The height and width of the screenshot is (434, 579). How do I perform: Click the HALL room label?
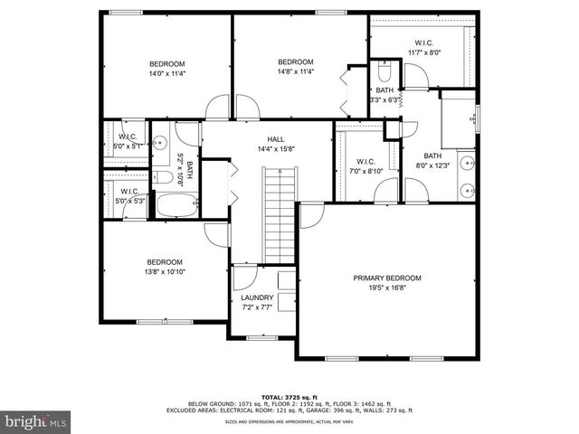click(x=276, y=139)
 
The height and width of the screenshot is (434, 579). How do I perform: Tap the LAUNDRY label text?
click(x=257, y=297)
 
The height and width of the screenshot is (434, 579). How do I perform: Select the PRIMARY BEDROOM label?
click(x=387, y=278)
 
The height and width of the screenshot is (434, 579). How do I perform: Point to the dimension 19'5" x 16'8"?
click(x=387, y=288)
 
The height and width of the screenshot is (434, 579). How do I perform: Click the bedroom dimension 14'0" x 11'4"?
click(x=167, y=74)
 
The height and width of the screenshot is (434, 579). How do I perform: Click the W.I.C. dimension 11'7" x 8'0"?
click(x=423, y=52)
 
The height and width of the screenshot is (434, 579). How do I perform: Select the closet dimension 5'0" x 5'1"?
click(x=125, y=145)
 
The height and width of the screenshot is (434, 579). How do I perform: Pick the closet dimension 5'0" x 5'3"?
click(x=127, y=201)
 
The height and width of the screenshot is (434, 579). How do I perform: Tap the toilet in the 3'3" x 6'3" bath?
click(x=384, y=71)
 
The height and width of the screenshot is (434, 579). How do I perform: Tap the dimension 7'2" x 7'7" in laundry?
click(x=257, y=307)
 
